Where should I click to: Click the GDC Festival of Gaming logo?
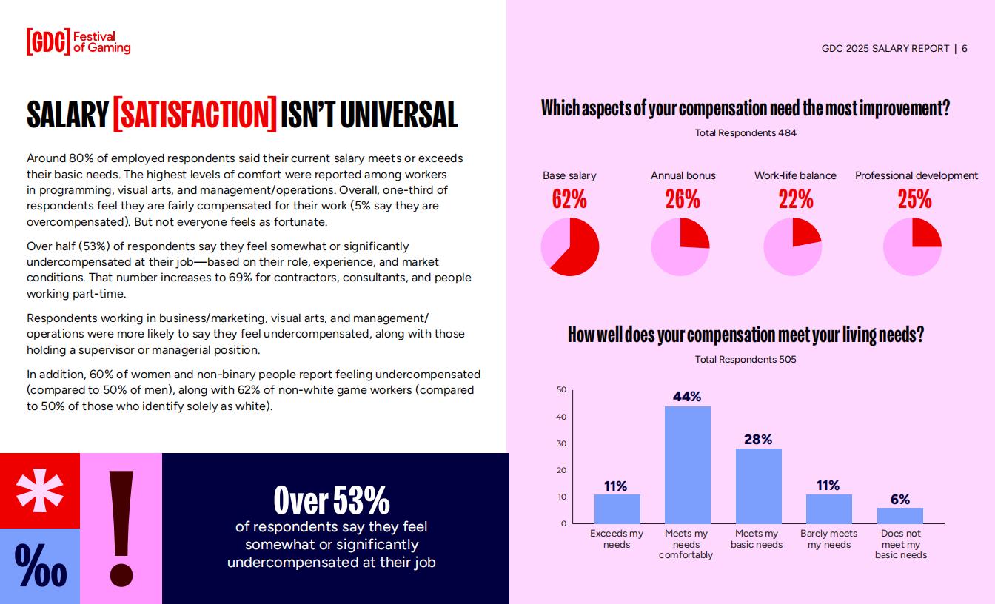[78, 42]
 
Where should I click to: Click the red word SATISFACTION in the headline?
[195, 114]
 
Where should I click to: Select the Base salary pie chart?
[570, 247]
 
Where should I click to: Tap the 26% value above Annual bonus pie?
[683, 199]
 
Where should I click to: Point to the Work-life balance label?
[795, 175]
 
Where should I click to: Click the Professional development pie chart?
[912, 247]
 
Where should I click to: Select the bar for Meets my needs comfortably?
[687, 465]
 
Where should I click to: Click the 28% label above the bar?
[758, 440]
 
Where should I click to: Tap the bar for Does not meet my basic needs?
[900, 516]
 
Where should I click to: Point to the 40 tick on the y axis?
[561, 417]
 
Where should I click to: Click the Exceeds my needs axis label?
[617, 539]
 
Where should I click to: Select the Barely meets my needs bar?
[828, 509]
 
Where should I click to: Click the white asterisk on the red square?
[40, 490]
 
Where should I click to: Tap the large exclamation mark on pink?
[121, 528]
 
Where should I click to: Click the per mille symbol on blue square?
[40, 567]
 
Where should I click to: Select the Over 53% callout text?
[332, 500]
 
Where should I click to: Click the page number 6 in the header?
[965, 49]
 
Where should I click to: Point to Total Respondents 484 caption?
[746, 133]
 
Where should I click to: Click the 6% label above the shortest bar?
[900, 500]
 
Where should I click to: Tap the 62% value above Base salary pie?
[569, 199]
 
